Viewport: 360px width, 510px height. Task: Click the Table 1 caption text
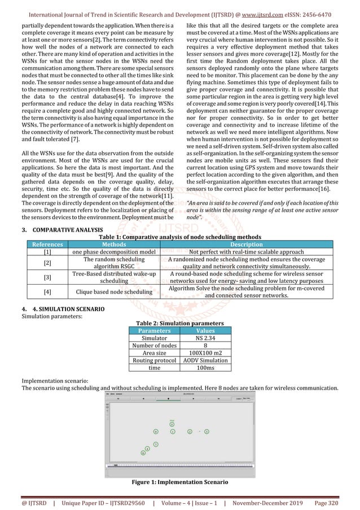180,236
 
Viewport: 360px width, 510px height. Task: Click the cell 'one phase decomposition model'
114,252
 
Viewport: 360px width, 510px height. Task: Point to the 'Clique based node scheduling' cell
114,291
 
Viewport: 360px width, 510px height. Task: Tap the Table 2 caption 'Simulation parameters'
179,324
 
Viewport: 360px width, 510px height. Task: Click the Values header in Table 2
204,331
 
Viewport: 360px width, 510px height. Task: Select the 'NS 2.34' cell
204,338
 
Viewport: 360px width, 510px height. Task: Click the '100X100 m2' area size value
204,353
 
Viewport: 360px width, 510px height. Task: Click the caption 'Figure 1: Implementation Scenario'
179,483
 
